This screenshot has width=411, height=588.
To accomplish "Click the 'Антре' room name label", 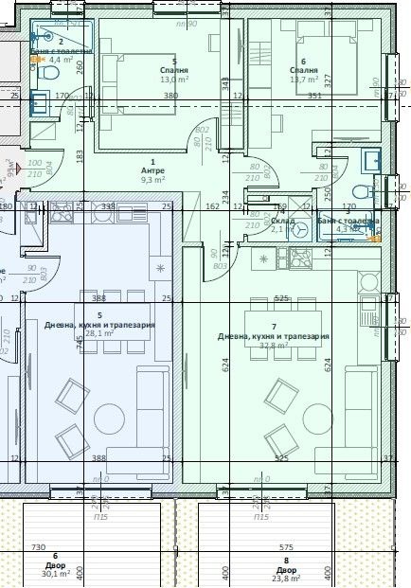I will tap(152, 170).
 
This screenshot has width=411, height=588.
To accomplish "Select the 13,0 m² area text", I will tap(174, 80).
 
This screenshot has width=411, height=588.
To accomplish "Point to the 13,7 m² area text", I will tap(304, 80).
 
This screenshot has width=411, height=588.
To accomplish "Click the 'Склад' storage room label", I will tap(283, 221).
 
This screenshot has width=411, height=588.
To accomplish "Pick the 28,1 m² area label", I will tap(98, 333).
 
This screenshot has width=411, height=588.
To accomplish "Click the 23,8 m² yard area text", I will tap(285, 580).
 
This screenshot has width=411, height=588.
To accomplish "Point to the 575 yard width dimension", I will tap(286, 548).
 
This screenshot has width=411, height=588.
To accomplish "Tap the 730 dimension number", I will tap(39, 548).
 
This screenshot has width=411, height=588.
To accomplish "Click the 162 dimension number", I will tap(212, 206).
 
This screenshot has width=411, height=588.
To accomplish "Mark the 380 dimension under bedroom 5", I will tap(171, 96).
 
